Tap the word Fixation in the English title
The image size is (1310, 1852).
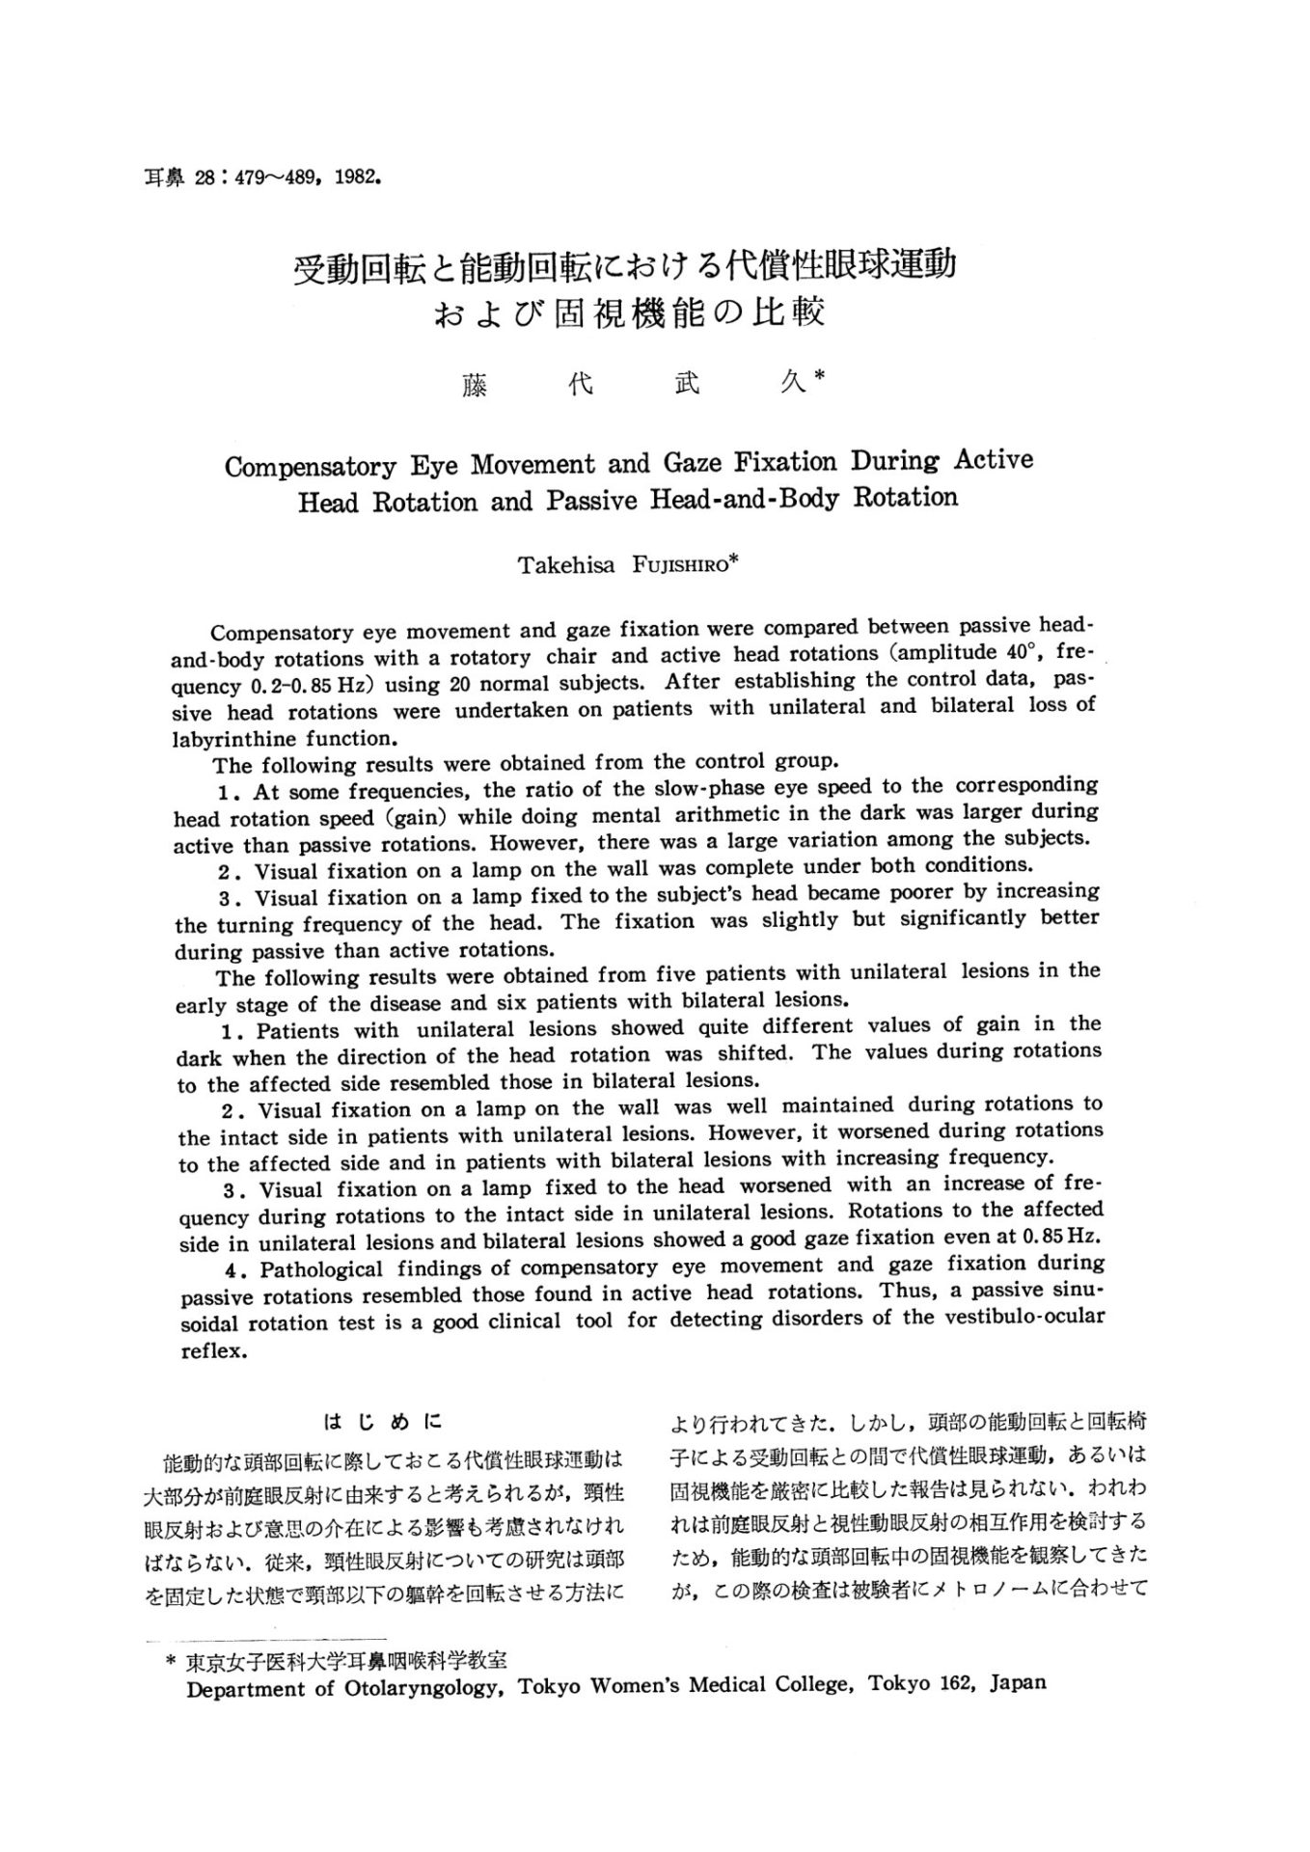[787, 462]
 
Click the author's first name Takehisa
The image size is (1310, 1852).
[565, 565]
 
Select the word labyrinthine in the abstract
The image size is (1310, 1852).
[237, 740]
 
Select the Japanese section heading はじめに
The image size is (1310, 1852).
[382, 1422]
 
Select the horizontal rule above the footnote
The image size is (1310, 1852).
[265, 1638]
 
